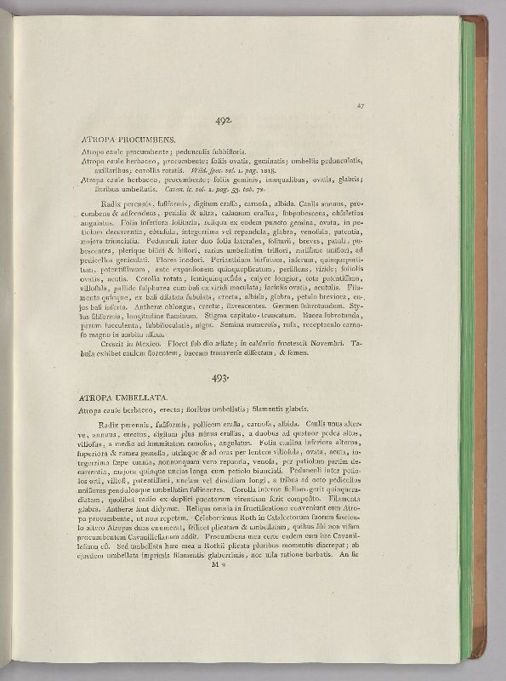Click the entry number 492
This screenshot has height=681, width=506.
point(224,123)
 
